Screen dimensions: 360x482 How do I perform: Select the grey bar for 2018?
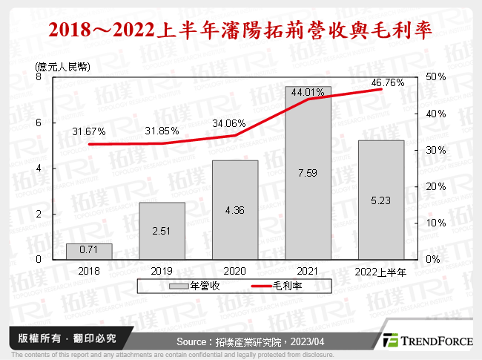pos(89,252)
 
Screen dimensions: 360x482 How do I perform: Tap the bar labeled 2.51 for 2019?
pos(162,231)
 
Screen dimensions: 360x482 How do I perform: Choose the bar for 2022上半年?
pos(380,200)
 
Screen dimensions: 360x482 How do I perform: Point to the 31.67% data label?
pos(89,131)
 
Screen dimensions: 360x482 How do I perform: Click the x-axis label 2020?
pos(234,272)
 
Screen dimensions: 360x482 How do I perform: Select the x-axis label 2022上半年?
pos(380,272)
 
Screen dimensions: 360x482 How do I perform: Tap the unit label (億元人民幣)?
pos(62,68)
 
